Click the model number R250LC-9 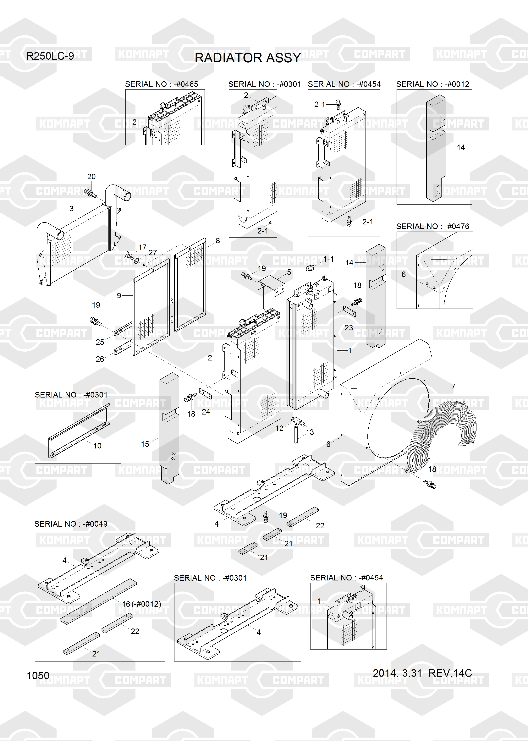click(x=50, y=56)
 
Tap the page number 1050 click(x=38, y=676)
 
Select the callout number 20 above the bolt click(x=91, y=177)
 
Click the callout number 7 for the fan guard click(x=453, y=387)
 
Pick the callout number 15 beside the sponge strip click(x=145, y=444)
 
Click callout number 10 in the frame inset click(x=97, y=446)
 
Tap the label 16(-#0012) click(x=141, y=604)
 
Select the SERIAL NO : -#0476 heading click(x=432, y=226)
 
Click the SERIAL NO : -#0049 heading click(x=71, y=524)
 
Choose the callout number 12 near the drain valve click(x=279, y=428)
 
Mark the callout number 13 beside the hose click(x=310, y=432)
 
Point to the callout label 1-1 click(x=328, y=259)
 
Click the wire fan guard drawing click(x=442, y=432)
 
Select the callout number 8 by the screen click(x=218, y=240)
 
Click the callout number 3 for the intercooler click(x=72, y=208)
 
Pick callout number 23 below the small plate click(x=349, y=328)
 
